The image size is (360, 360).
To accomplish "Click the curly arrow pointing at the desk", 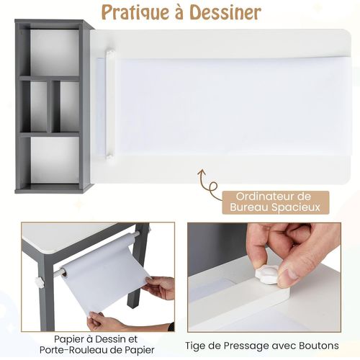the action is pos(208,184).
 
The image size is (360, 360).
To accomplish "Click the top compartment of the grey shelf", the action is pos(54,53).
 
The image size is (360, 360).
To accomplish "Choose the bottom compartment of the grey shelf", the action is pos(54,160).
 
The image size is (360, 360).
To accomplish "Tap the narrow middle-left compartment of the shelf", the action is pos(38,107).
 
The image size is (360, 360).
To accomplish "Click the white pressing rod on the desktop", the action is pos(109,104).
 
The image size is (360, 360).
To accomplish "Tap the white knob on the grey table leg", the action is pos(40,281).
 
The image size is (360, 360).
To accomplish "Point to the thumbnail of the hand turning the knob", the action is pos(264,277).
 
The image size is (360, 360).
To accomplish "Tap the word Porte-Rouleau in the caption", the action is pos(79,350).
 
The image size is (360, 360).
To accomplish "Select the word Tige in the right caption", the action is pos(195,346).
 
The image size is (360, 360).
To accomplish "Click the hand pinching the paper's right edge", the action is pos(160,287).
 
